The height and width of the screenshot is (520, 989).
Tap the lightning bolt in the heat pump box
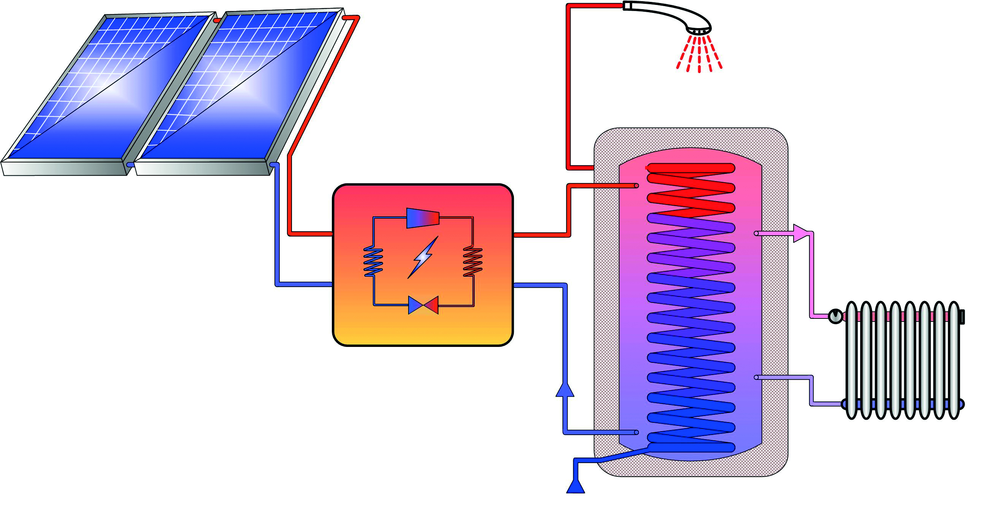(x=423, y=257)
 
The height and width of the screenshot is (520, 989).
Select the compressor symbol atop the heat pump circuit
(x=422, y=218)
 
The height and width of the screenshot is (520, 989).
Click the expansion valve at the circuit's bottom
(x=423, y=305)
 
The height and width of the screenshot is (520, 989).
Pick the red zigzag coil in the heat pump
(x=472, y=262)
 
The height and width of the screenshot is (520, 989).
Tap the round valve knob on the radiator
(x=835, y=317)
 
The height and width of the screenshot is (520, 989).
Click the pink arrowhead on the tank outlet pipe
(x=800, y=233)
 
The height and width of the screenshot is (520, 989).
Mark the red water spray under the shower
(x=699, y=54)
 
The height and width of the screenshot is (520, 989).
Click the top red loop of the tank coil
(x=691, y=168)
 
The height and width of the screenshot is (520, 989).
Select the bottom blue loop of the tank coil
(x=691, y=447)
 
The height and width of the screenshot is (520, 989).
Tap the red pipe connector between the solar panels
(x=217, y=20)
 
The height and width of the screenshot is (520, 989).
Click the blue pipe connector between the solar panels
(x=130, y=164)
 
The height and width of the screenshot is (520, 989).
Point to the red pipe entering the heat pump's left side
(x=311, y=233)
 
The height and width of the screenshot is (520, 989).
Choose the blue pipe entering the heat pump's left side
(x=303, y=284)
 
